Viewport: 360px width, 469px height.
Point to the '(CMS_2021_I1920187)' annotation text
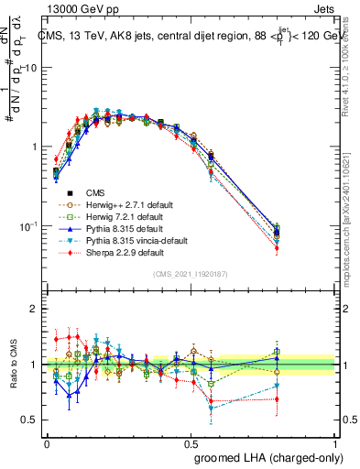[x=191, y=274]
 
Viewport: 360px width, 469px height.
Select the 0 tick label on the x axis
[x=47, y=442]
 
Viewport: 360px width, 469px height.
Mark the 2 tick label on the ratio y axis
[x=35, y=309]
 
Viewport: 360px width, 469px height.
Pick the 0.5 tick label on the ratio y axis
[x=30, y=420]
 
